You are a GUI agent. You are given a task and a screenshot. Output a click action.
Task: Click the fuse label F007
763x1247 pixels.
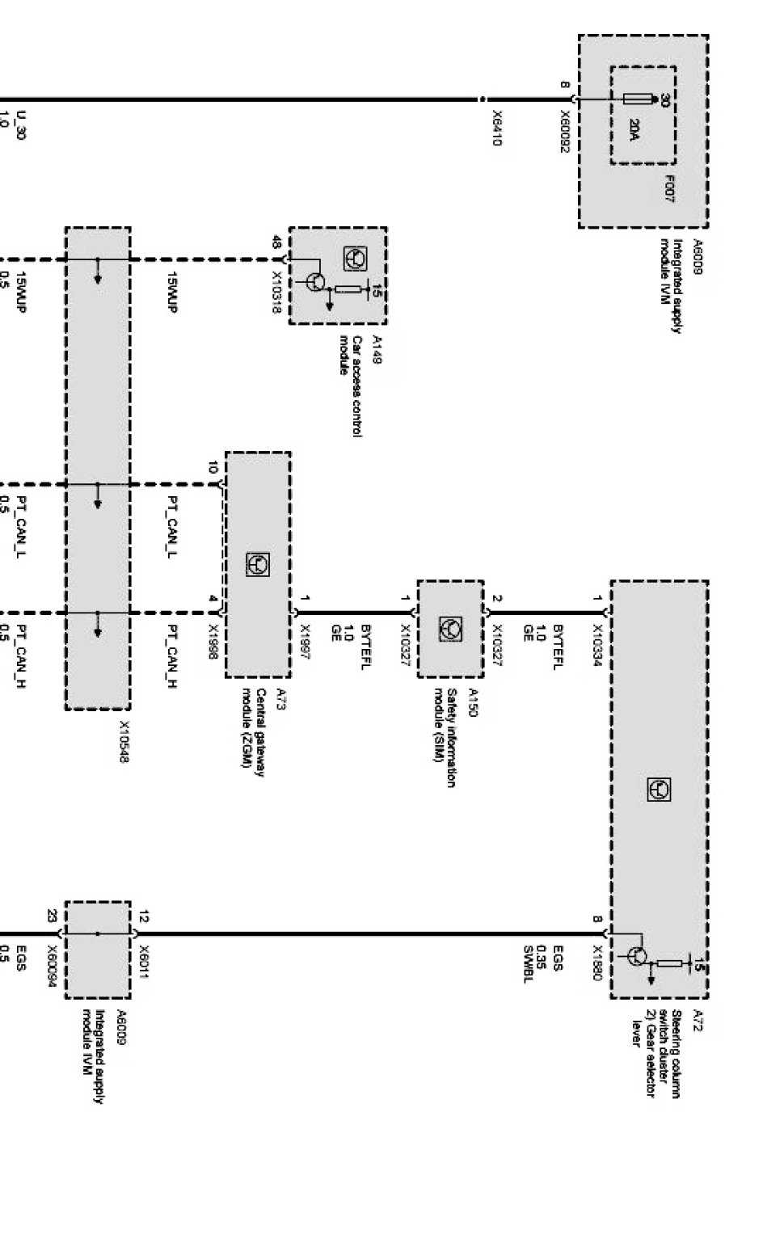pyautogui.click(x=670, y=187)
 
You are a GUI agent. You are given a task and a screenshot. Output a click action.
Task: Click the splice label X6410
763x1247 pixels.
pyautogui.click(x=496, y=128)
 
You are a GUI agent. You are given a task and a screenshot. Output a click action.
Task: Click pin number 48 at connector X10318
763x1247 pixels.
pyautogui.click(x=277, y=242)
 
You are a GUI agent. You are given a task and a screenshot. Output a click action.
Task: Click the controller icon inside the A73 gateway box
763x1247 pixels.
pyautogui.click(x=257, y=565)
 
